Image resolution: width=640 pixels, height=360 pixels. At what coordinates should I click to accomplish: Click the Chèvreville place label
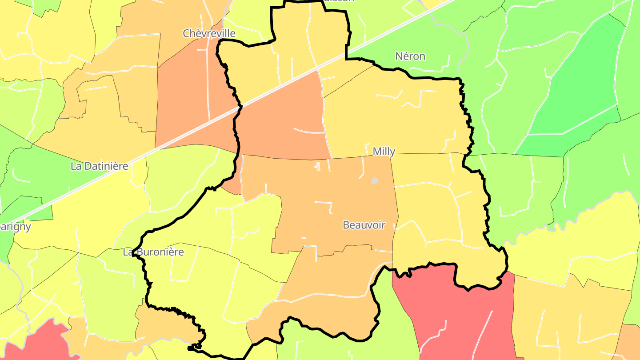[x=209, y=33]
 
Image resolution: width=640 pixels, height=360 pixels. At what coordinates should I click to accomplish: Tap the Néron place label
[x=410, y=56]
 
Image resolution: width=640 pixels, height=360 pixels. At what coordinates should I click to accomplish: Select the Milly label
[x=384, y=152]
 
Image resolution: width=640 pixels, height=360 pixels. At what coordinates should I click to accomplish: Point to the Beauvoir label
[x=364, y=225]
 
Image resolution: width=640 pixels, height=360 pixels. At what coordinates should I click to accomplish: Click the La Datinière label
[x=99, y=166]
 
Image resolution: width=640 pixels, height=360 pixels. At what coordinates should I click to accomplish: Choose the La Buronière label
[x=153, y=252]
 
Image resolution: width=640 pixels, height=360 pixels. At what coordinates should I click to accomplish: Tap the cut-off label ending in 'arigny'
[x=15, y=227]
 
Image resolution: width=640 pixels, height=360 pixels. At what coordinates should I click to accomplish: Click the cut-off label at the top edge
[x=343, y=1]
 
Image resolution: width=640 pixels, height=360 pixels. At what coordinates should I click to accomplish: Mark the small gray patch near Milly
[x=375, y=181]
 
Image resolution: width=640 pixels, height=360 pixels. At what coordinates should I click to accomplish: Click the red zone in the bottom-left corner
[x=36, y=344]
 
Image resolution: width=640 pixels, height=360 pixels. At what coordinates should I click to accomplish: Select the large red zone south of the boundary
[x=458, y=311]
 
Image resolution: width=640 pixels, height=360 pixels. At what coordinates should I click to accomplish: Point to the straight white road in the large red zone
[x=482, y=333]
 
